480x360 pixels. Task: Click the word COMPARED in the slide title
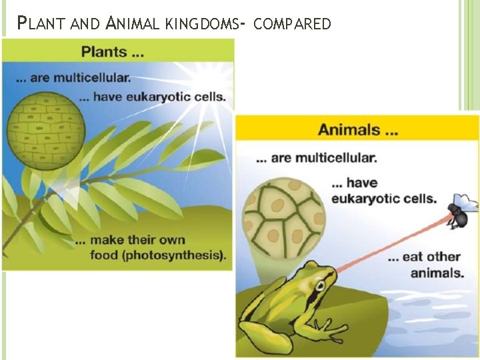coord(293,25)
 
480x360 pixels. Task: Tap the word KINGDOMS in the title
coord(199,25)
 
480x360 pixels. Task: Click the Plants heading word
coord(102,51)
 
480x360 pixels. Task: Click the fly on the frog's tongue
coord(460,211)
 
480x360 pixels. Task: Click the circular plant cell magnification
coord(45,127)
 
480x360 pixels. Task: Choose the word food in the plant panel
coord(107,255)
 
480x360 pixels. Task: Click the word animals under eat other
coord(437,273)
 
